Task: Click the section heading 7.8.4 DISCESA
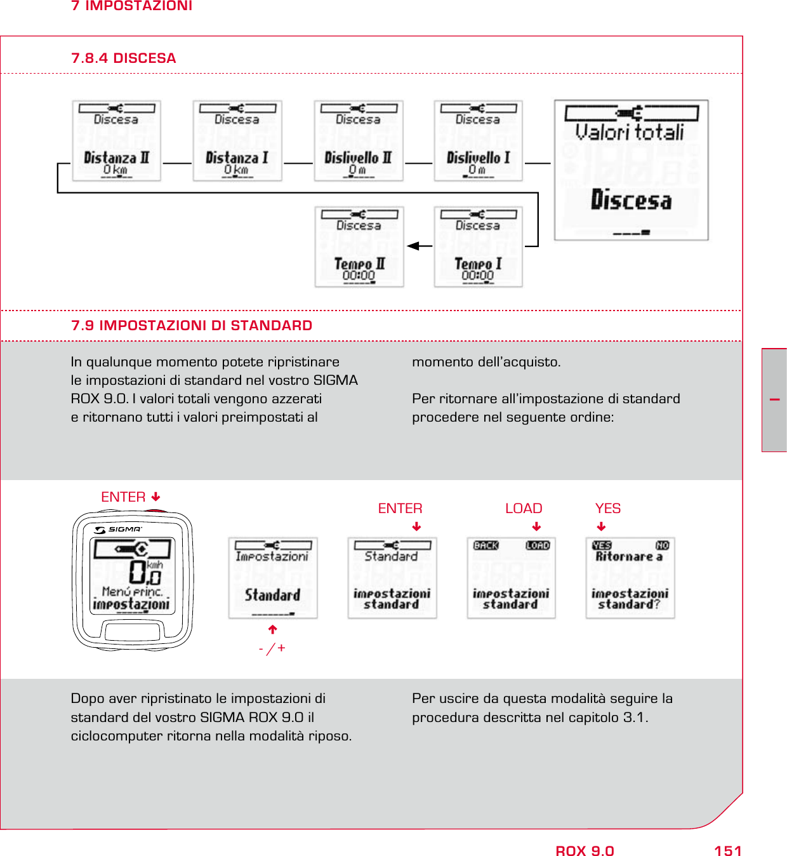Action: point(123,58)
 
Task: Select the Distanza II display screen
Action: point(116,141)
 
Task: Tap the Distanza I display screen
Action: point(237,141)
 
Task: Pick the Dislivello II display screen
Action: point(358,141)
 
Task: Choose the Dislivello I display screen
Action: point(478,141)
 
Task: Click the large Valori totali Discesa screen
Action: point(631,170)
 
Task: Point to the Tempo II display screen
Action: point(359,247)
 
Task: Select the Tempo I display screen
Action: point(478,247)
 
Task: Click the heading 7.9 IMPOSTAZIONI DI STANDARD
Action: point(192,326)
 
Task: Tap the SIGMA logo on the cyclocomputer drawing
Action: point(119,529)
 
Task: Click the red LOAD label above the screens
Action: point(524,509)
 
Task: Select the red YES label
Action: point(607,509)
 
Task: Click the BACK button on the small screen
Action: point(486,545)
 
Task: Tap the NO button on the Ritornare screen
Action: point(662,545)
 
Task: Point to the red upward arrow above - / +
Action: point(273,630)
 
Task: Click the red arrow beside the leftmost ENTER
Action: point(156,497)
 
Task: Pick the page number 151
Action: point(727,851)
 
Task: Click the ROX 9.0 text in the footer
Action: point(585,851)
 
